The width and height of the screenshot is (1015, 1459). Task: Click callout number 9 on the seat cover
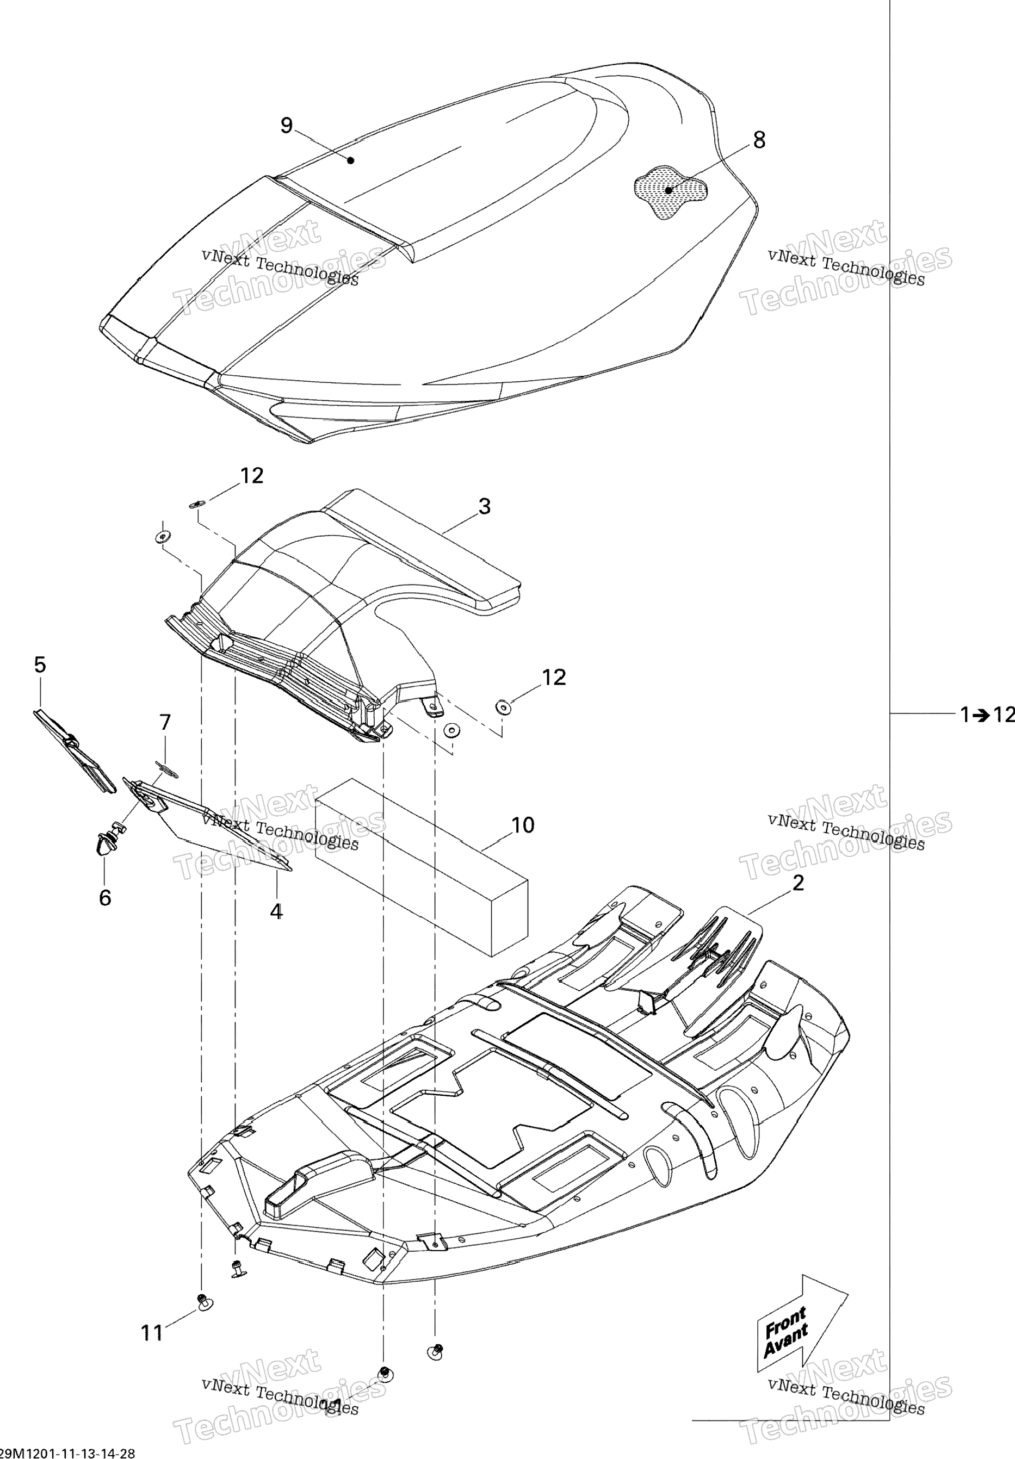click(287, 126)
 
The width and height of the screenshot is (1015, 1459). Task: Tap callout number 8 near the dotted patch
click(759, 140)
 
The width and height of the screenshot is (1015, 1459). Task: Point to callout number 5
click(39, 665)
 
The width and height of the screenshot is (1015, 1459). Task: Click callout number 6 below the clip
click(105, 898)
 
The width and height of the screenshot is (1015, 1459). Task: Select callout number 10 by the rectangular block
click(523, 825)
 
